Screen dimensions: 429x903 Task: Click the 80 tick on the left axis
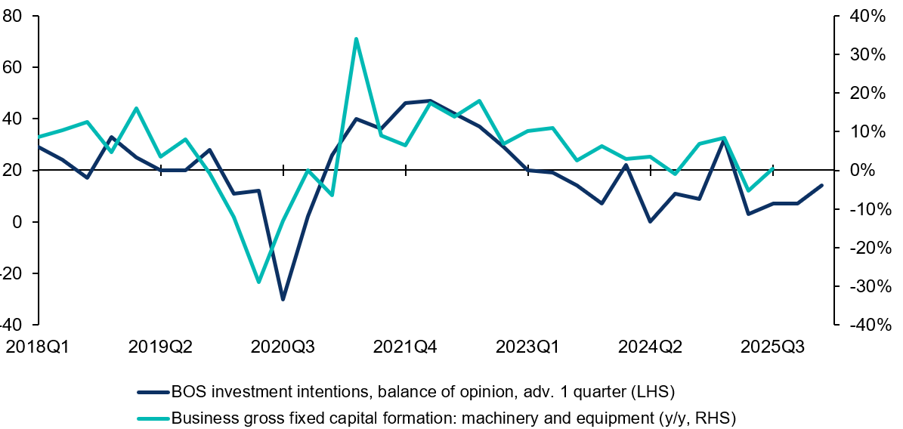pos(11,16)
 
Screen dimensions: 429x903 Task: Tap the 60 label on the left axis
pos(11,67)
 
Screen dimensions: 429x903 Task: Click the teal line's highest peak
pos(356,39)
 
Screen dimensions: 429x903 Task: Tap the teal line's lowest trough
pos(258,282)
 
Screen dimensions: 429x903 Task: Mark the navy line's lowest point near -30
pos(283,299)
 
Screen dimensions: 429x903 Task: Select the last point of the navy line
pos(822,185)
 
